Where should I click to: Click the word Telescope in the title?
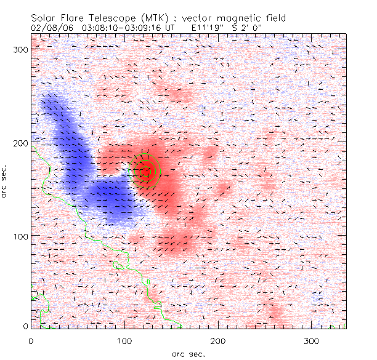(x=113, y=17)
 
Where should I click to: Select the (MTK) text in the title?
(x=153, y=17)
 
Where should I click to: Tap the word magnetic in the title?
(x=230, y=17)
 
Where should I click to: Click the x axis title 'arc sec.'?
(x=188, y=353)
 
